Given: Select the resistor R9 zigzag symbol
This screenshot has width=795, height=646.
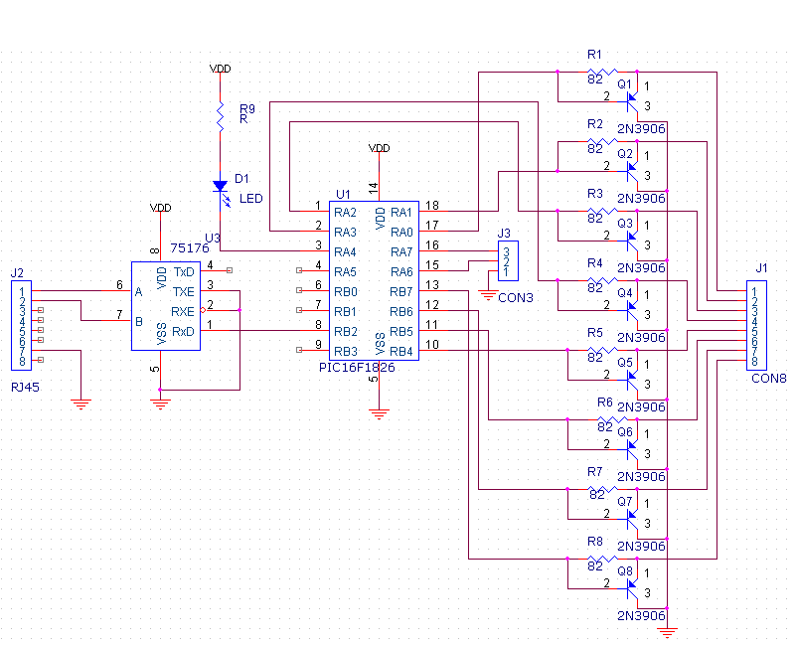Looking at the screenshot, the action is point(220,117).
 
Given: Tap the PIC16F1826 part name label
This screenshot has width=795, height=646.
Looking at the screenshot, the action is point(357,367).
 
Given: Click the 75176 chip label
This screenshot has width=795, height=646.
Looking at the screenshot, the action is point(190,247).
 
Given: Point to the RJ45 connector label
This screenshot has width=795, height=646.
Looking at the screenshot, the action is point(26,387).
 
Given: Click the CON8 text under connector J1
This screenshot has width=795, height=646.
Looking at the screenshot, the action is point(768,379).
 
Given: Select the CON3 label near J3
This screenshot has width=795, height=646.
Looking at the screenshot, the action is point(516,297).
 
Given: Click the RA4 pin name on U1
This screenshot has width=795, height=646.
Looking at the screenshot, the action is point(345,252).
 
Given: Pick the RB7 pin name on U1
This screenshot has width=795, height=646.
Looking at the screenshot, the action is point(401,292).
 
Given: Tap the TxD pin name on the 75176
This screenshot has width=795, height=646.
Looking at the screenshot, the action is point(184,272).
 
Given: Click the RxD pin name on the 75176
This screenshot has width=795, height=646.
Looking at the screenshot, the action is point(183,332).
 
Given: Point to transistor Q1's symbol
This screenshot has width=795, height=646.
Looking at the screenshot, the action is point(632,101).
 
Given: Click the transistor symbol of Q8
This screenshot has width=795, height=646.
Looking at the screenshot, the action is point(632,588).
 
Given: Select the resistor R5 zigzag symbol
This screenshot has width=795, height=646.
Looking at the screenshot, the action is point(602,350).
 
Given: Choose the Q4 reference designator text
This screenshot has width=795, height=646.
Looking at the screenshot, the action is point(625,292).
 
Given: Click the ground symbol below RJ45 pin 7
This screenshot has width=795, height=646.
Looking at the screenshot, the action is point(81,404).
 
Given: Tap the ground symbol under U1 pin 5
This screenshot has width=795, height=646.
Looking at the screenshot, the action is point(380,414).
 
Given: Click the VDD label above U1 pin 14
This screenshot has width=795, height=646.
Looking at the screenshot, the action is point(380,147).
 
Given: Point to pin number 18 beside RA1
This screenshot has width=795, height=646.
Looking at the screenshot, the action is point(432,206).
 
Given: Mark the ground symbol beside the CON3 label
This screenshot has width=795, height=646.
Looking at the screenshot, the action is point(488,295).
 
